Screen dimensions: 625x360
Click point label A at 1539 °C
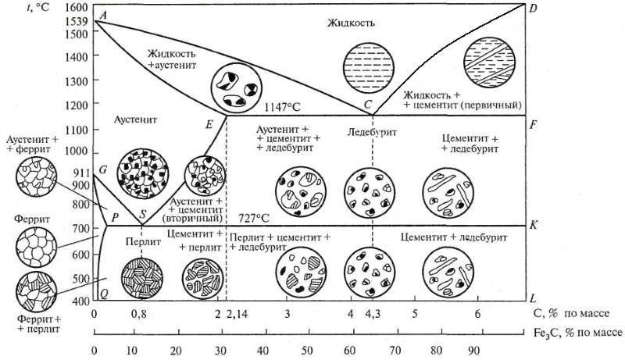tap(104, 15)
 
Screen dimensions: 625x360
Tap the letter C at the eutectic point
tap(367, 105)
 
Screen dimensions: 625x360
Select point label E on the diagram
tap(209, 125)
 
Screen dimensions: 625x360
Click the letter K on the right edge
tap(533, 225)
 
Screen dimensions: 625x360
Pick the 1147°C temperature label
tap(282, 108)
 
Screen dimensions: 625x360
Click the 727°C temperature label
tap(254, 218)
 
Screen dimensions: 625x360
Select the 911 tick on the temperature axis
tap(80, 173)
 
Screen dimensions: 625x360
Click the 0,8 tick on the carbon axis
tap(138, 314)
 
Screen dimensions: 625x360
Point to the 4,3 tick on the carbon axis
tap(373, 314)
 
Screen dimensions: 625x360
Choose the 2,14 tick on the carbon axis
tap(237, 314)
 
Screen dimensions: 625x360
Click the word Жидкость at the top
tap(351, 23)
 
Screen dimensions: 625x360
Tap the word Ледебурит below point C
tap(372, 132)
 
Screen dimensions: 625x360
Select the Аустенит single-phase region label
tap(135, 119)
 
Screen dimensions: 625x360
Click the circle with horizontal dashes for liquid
tap(369, 68)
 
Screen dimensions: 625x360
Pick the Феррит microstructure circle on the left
tap(36, 247)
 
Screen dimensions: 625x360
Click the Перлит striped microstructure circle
tap(142, 278)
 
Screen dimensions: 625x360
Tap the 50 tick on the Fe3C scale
tap(307, 351)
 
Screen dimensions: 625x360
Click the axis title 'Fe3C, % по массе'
tap(578, 333)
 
